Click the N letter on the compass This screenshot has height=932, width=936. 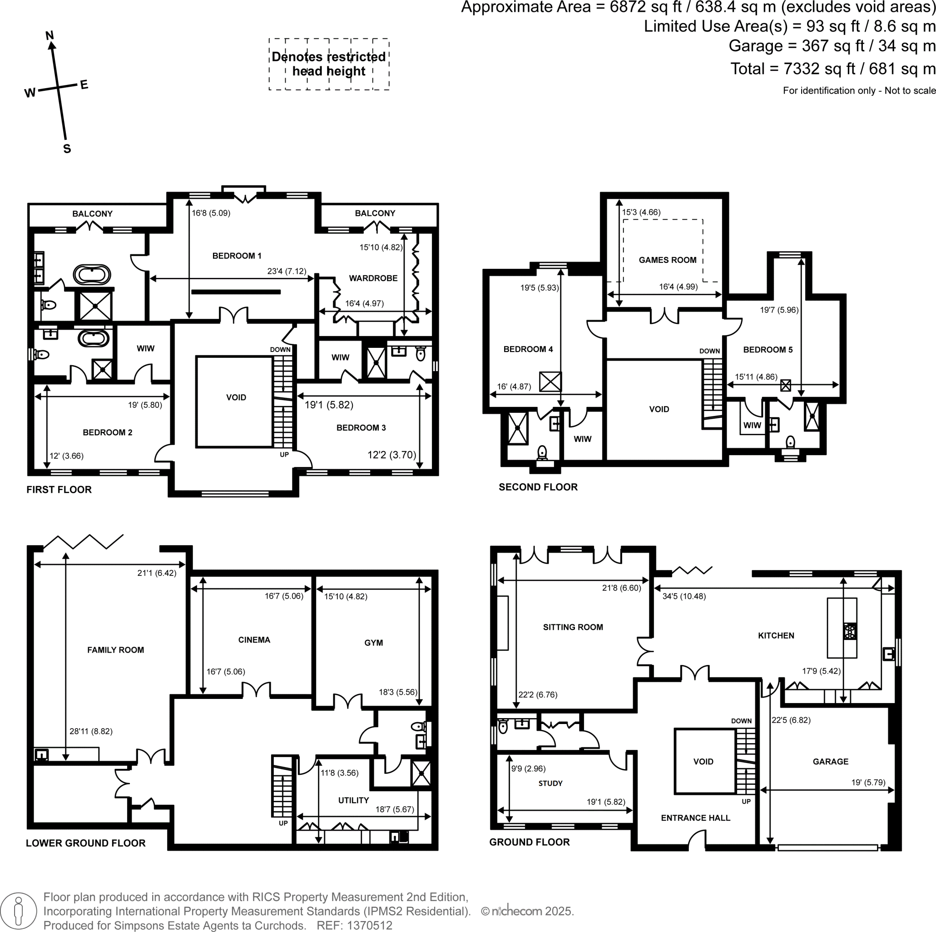pos(49,35)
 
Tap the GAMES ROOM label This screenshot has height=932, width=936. pos(667,260)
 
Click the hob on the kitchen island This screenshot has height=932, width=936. pos(849,631)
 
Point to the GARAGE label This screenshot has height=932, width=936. pos(830,762)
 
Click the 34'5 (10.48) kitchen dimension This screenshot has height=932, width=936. pos(684,596)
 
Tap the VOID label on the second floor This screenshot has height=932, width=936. pos(659,410)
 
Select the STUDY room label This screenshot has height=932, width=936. pos(550,783)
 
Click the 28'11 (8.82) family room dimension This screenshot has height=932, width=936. pos(90,731)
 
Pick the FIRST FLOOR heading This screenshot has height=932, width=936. pos(59,490)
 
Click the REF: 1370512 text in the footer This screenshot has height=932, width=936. pos(354,925)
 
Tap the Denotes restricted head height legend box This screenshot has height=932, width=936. pos(329,64)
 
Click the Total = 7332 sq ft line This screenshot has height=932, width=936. pos(832,69)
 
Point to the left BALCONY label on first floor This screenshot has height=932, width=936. pos(92,213)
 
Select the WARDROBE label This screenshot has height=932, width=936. pos(373,278)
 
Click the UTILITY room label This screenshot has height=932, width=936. pos(353,800)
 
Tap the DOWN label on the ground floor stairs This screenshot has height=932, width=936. pos(741,721)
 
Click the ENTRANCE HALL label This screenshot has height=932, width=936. pos(695,818)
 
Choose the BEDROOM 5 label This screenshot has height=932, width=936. pos(767,350)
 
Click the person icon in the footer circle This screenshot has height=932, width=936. pos(19,911)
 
